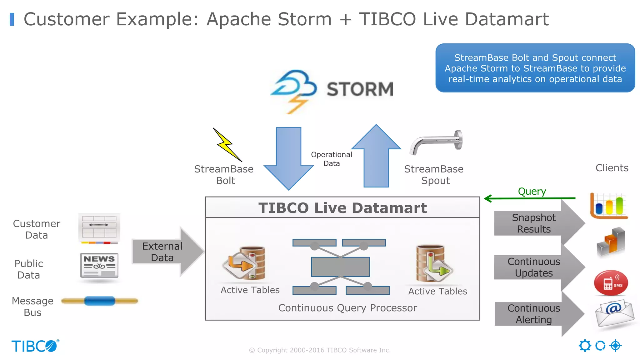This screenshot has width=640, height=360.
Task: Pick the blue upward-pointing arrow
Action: point(376,156)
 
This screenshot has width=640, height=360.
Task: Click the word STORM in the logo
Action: point(360,89)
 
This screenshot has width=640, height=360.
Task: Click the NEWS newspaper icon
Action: point(99,265)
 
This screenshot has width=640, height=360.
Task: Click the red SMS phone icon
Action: point(611,283)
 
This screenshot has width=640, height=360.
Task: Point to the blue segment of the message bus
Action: point(99,301)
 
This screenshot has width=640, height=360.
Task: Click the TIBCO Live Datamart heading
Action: point(342,208)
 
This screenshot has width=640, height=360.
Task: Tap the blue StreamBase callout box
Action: point(535,68)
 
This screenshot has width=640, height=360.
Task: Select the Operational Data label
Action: point(331,159)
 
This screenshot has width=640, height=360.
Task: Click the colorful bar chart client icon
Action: point(609,206)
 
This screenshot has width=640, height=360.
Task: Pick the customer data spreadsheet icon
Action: point(99,228)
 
